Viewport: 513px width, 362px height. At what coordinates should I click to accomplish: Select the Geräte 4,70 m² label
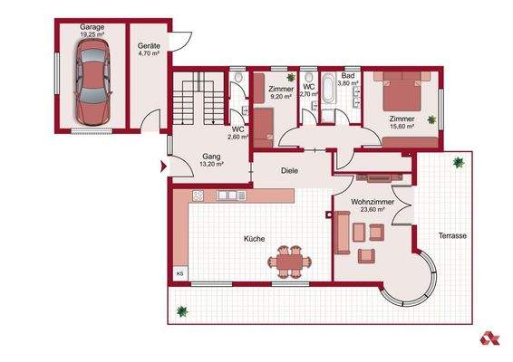(149, 50)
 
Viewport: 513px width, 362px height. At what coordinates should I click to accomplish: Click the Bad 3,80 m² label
(349, 80)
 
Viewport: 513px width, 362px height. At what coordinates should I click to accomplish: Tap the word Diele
(290, 168)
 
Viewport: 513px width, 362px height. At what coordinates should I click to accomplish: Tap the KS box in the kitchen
(179, 271)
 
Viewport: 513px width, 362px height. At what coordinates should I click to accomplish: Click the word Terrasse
(452, 235)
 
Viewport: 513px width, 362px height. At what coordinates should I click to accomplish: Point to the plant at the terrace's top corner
(458, 163)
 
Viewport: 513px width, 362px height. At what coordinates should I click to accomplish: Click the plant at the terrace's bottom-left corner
(182, 310)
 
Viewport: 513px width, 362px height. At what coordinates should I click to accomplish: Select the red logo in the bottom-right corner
(489, 338)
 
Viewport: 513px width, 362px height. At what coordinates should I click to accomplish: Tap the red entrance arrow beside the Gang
(162, 166)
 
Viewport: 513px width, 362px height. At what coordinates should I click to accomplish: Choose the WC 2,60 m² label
(239, 133)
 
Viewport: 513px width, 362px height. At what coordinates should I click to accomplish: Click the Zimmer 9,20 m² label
(281, 91)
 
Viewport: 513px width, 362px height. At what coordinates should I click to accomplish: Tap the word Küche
(254, 239)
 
